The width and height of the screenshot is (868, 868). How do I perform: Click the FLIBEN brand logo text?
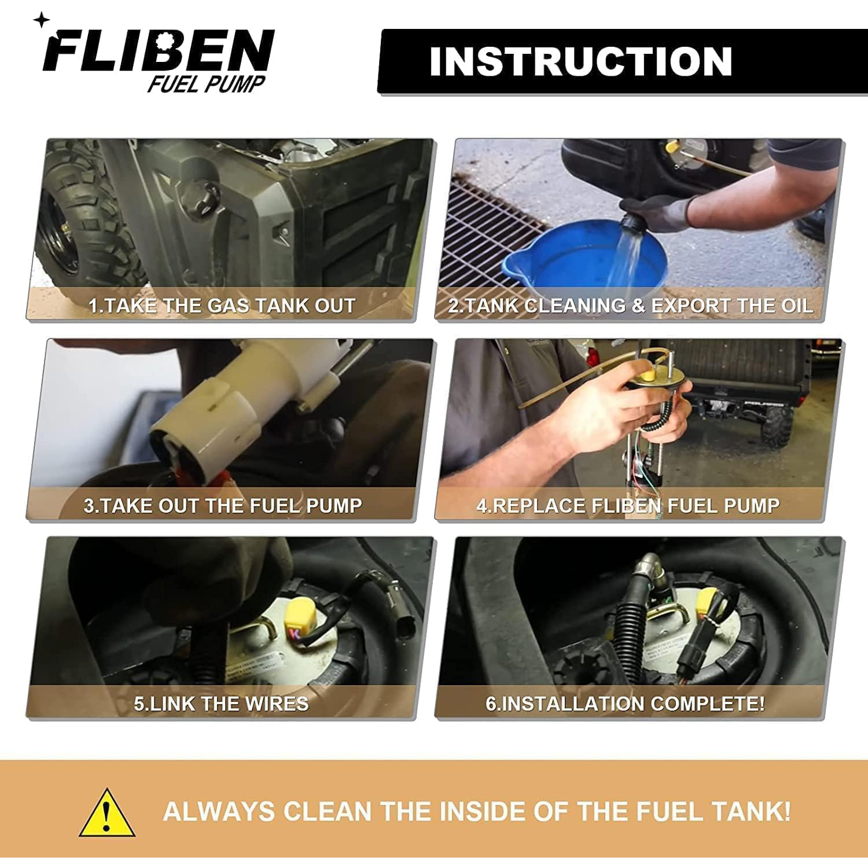[158, 51]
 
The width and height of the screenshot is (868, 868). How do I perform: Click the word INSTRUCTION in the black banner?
[581, 61]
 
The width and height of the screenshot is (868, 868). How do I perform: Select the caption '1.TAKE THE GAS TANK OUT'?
[222, 306]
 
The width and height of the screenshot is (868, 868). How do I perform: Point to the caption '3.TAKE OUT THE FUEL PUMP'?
[223, 506]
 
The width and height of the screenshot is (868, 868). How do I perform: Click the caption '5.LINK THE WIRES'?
[222, 704]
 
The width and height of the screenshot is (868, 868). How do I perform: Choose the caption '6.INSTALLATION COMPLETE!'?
[625, 704]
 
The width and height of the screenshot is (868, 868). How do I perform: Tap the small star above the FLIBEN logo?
[41, 20]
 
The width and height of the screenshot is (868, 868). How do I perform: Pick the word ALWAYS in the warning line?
[219, 811]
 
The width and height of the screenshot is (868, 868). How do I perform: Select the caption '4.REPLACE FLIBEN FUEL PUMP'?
[628, 506]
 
